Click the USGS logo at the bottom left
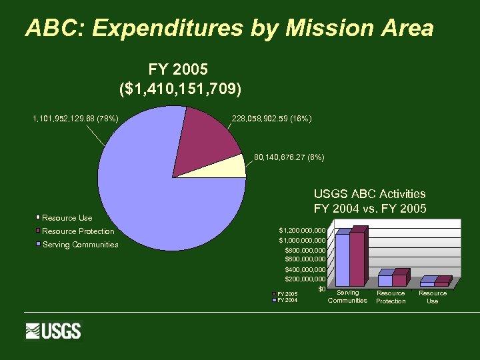pos(53,331)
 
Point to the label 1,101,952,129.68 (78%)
pos(75,119)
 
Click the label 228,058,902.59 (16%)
pos(271,119)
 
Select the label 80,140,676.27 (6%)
pos(289,158)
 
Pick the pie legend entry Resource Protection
pos(77,231)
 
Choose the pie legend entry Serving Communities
pos(80,245)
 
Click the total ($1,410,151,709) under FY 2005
pos(179,88)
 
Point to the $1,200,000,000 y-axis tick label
pos(302,230)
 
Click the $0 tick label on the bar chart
pos(321,289)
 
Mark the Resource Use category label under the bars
pos(432,297)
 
